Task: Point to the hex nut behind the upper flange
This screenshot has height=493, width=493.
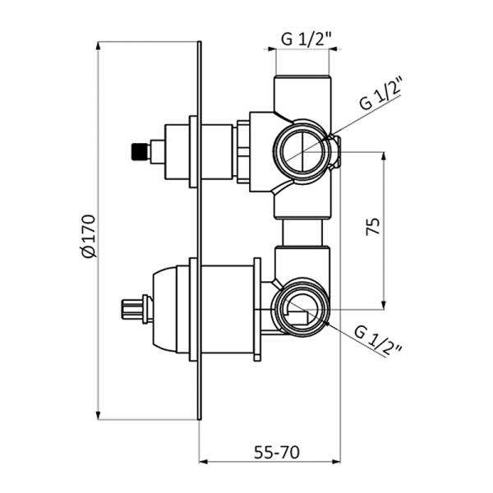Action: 243,151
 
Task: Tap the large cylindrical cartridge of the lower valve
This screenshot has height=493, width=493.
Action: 226,309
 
